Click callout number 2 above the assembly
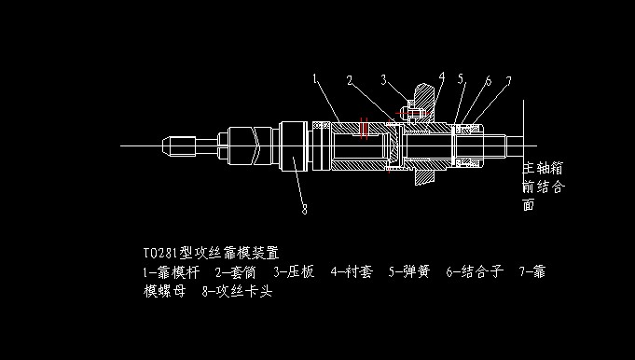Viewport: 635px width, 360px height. coord(349,81)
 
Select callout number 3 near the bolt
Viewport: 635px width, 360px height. coord(383,79)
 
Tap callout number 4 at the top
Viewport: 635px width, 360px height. coord(441,76)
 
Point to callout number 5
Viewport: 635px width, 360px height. coord(460,80)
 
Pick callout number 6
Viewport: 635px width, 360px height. coord(487,81)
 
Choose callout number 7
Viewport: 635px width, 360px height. coord(507,82)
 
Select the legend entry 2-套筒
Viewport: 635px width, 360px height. coord(236,272)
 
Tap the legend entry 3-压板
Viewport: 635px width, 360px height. coord(295,272)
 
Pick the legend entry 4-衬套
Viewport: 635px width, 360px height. coord(352,272)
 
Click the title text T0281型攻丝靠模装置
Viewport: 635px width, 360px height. coord(211,253)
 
